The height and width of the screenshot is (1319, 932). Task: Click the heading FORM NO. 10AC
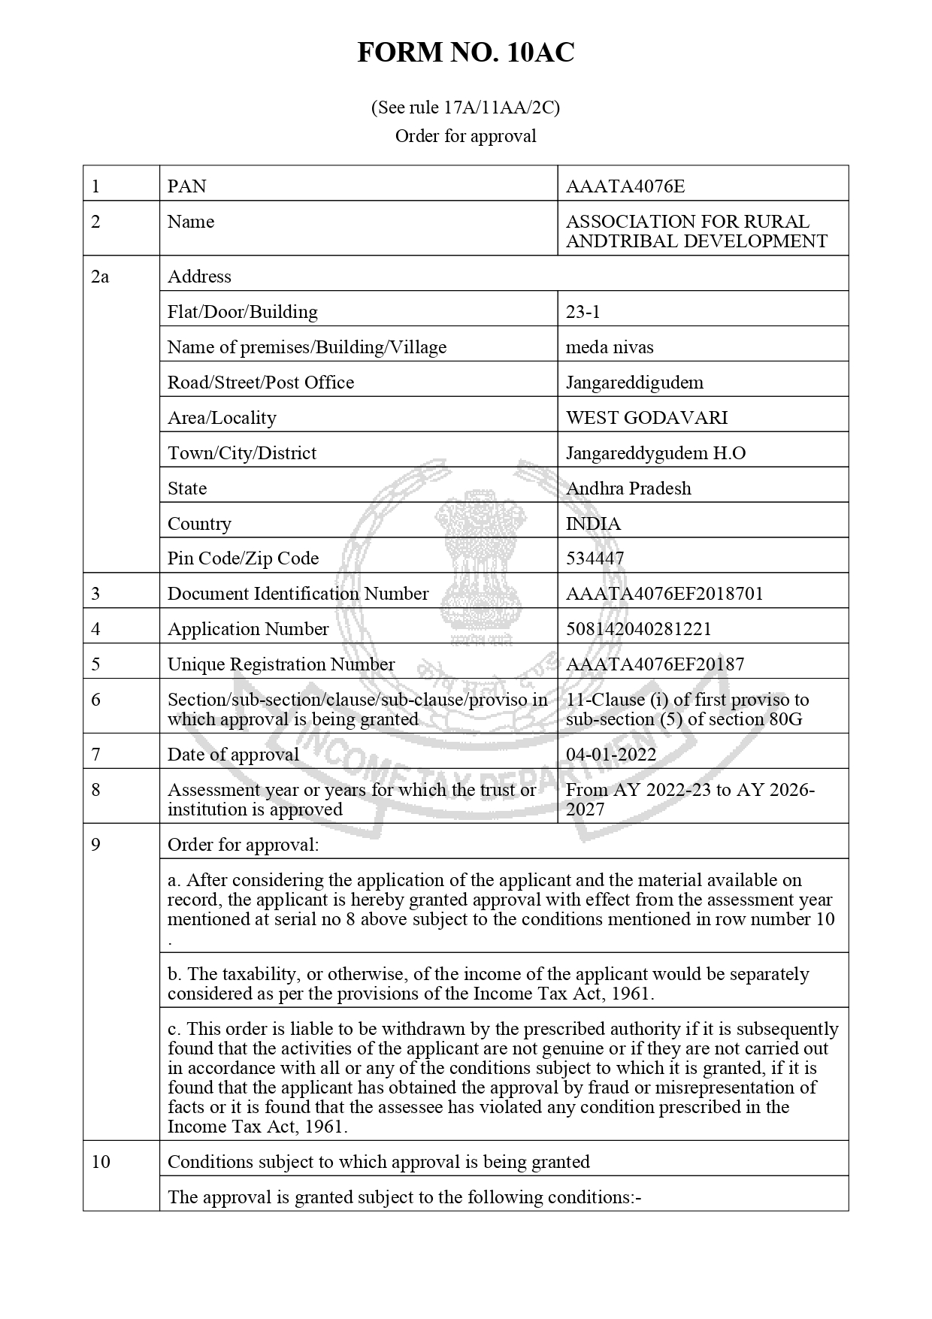(465, 53)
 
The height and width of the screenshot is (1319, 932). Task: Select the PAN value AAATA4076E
(625, 186)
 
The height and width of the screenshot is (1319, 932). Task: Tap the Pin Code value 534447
(595, 558)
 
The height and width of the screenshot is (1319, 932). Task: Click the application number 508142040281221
(638, 629)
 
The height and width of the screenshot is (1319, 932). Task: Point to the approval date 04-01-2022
(611, 755)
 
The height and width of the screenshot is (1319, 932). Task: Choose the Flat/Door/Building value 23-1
(583, 312)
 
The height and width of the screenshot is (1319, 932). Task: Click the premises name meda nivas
(610, 347)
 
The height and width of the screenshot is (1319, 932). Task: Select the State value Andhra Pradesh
(628, 489)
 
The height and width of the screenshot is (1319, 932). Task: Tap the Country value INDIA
(593, 524)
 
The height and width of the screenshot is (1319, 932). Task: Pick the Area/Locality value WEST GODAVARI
(646, 418)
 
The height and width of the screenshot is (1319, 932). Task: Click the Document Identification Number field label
(298, 594)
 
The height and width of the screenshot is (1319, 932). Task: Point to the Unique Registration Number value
(655, 664)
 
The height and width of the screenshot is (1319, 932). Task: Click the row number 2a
(100, 277)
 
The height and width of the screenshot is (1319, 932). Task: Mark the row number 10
(101, 1162)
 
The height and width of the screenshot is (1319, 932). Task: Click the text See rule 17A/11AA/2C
(465, 107)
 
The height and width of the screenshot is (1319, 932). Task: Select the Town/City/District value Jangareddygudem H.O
(655, 453)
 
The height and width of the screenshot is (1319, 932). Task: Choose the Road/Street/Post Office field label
(260, 383)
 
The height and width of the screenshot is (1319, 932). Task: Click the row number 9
(95, 845)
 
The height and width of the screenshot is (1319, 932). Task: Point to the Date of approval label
(233, 755)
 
